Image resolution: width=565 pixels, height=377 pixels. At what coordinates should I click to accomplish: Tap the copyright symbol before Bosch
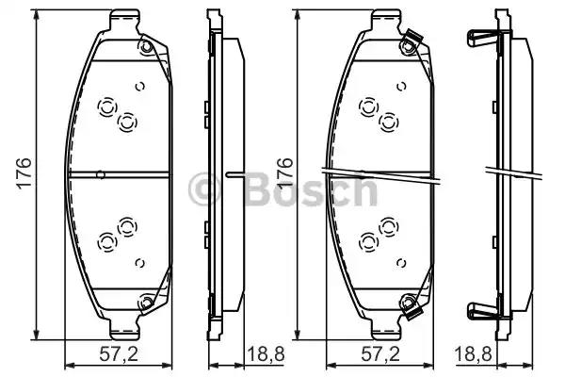[203, 191]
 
